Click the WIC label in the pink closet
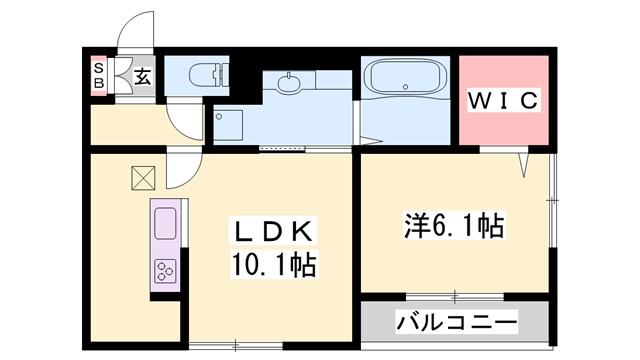(504, 101)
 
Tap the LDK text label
(273, 232)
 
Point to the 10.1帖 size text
(273, 265)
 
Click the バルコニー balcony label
(456, 323)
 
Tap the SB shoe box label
(99, 75)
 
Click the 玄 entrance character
(143, 76)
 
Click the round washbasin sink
(291, 84)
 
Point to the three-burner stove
(164, 270)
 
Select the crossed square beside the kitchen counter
(142, 177)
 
